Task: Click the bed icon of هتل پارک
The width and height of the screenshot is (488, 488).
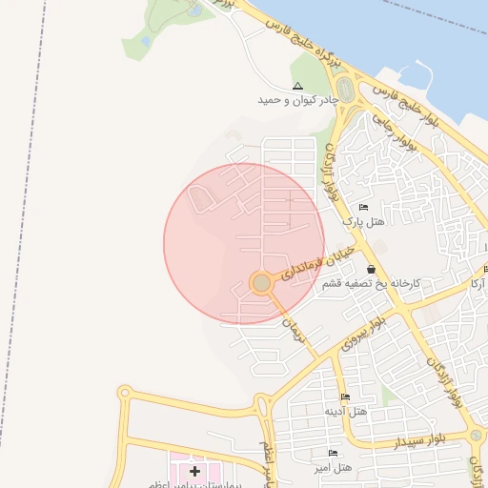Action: (x=363, y=207)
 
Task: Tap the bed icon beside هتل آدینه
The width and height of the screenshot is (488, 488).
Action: (x=345, y=397)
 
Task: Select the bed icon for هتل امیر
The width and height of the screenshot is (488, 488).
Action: (x=333, y=453)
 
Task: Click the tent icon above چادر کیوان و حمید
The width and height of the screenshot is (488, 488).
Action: (x=297, y=86)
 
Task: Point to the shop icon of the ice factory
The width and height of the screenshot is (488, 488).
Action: (x=370, y=270)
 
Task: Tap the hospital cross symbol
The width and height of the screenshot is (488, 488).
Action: (x=195, y=471)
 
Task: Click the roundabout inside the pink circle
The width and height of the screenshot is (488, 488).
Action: (x=261, y=283)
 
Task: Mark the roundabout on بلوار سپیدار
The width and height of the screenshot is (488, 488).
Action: (x=475, y=435)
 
